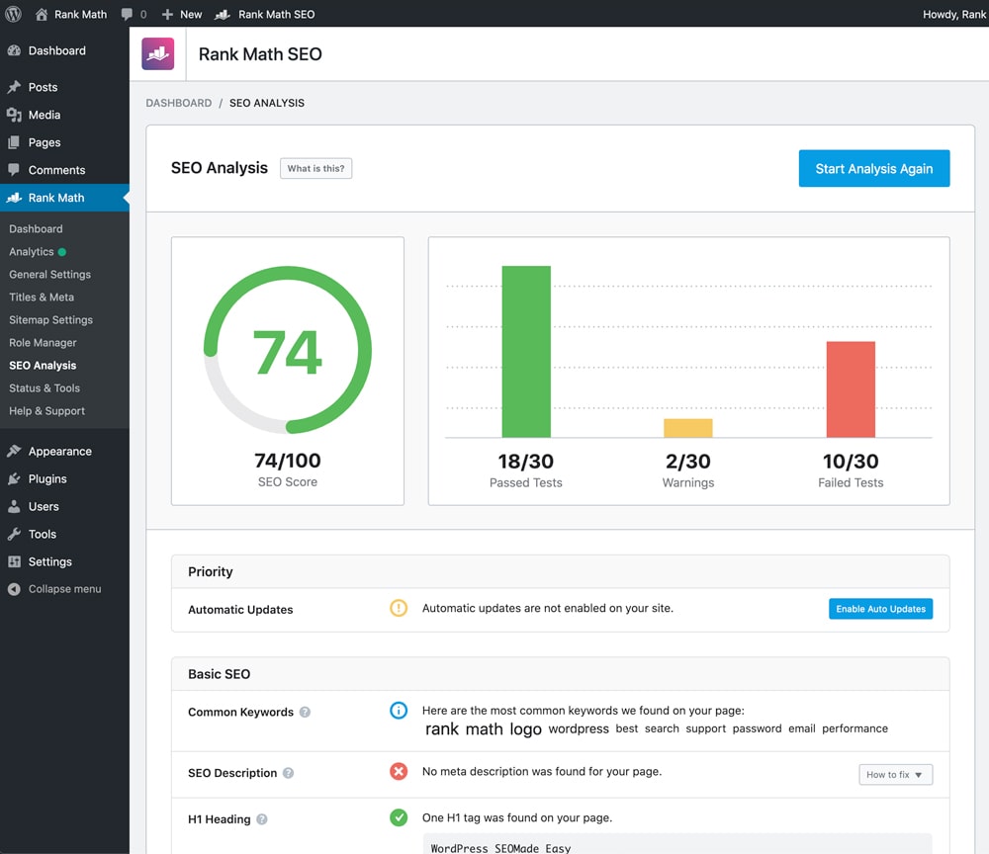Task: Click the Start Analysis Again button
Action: [x=873, y=169]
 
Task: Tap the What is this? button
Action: [x=315, y=168]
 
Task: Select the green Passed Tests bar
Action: [x=526, y=352]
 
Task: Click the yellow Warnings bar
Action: [x=687, y=428]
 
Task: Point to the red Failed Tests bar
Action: [x=851, y=389]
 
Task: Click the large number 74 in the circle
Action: [x=288, y=352]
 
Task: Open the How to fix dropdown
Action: [x=895, y=774]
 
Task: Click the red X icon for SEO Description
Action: [x=399, y=771]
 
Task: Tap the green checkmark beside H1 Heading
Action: [x=399, y=818]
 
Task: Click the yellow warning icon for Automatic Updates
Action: [x=399, y=609]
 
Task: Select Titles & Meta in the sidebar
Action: [x=42, y=297]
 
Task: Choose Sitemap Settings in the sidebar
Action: [x=50, y=319]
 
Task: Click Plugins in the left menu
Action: [x=47, y=478]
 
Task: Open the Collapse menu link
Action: [x=64, y=588]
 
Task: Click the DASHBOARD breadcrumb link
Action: [x=179, y=103]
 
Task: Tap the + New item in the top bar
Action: [x=182, y=14]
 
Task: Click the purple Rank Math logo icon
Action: [x=158, y=54]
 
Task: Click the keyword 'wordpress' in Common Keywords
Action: [x=579, y=728]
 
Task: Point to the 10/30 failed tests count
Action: [x=851, y=462]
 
